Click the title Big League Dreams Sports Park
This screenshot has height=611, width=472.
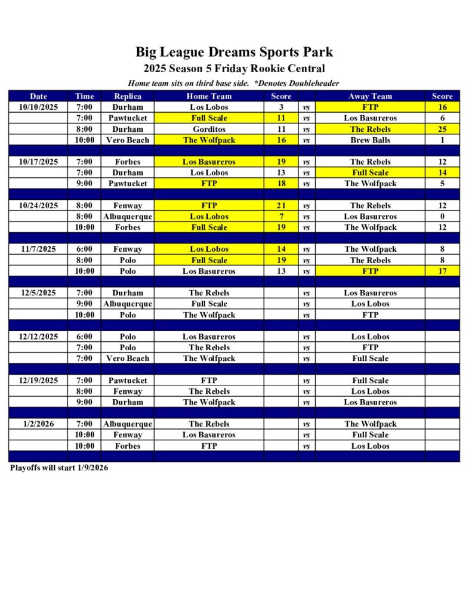coord(234,52)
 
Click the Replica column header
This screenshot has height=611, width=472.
coord(127,96)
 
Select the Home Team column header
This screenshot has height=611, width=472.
coord(209,96)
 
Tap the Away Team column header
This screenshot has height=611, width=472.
coord(370,96)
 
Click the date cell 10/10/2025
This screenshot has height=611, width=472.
coord(38,107)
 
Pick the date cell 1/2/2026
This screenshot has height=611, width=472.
coord(38,424)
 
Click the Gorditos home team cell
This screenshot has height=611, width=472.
coord(209,129)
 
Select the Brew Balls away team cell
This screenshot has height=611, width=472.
coord(370,140)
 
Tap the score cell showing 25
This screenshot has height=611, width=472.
coord(442,129)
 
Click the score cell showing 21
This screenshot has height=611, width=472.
coord(281,206)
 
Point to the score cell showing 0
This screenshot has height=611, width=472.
coord(442,217)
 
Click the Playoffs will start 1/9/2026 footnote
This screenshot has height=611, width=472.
coord(59,468)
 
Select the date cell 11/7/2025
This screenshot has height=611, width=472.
coord(38,249)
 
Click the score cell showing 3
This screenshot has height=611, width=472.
coord(281,107)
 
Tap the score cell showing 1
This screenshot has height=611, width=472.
coord(442,140)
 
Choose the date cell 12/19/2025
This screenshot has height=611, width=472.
coord(38,380)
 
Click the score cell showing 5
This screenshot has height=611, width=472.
coord(442,184)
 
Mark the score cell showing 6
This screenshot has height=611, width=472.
coord(442,118)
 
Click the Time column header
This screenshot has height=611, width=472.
coord(84,96)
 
